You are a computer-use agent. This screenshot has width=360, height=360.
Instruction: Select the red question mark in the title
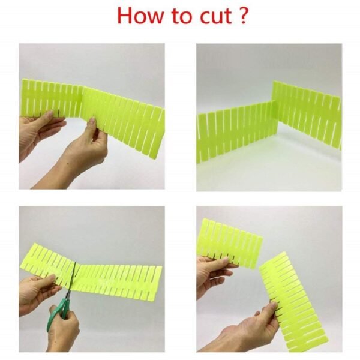[242, 16]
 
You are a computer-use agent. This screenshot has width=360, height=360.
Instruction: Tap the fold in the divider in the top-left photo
[82, 102]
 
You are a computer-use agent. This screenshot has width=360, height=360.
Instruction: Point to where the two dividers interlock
[275, 114]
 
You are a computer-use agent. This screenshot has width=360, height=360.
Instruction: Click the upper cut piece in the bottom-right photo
[231, 243]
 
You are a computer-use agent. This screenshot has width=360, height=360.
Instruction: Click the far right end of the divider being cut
[157, 282]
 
